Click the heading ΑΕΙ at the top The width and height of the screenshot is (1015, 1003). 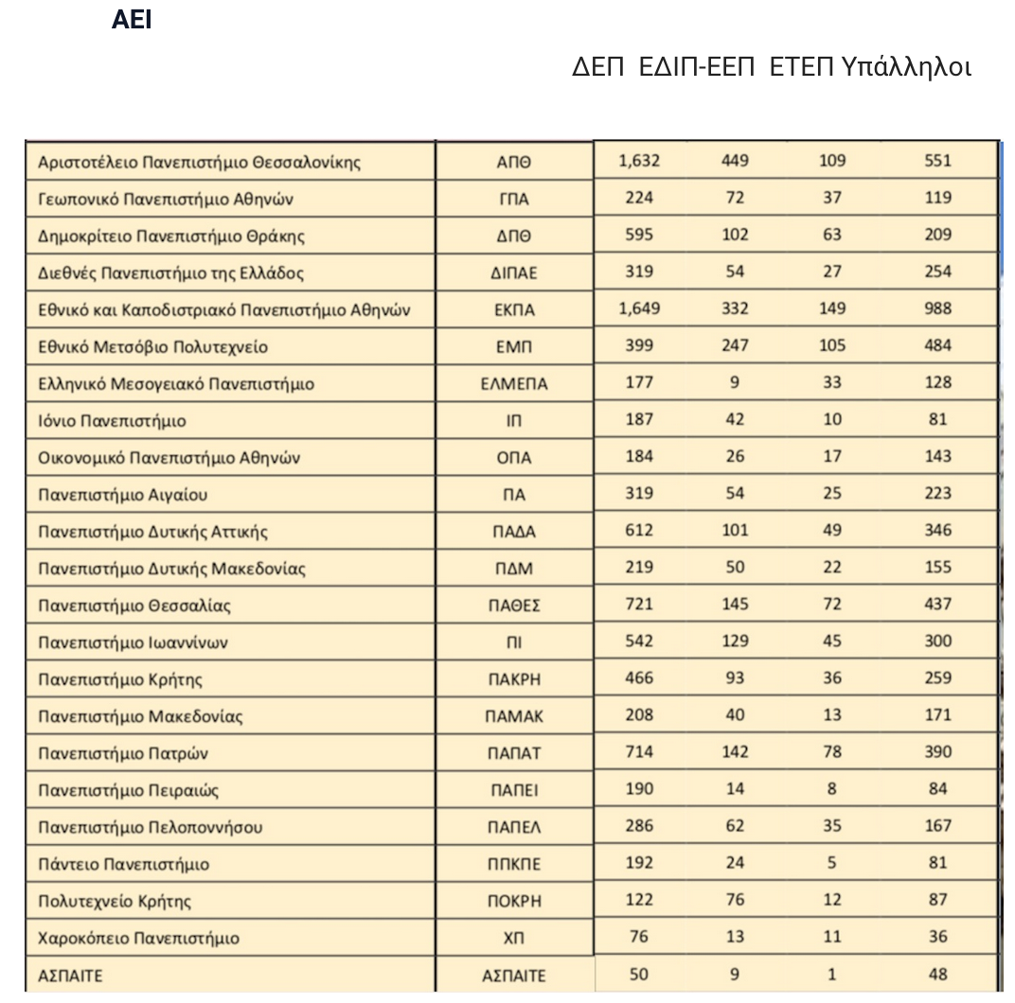[132, 21]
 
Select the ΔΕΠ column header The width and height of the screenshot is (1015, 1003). [598, 68]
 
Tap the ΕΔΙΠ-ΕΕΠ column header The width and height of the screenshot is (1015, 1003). [697, 68]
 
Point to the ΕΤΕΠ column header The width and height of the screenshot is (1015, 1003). [802, 68]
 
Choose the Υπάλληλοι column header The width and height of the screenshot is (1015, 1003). [906, 68]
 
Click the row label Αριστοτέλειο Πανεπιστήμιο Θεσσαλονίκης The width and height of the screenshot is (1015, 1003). [200, 162]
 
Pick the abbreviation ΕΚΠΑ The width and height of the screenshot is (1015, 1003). [515, 310]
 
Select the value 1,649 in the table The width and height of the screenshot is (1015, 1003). [639, 308]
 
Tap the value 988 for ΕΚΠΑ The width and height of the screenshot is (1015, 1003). [937, 308]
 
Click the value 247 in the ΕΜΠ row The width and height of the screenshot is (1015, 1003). [735, 345]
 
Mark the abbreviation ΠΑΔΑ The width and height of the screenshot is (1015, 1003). [515, 532]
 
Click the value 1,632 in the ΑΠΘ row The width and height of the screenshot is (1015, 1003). [639, 161]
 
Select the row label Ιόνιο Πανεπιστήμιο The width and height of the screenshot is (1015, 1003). [112, 421]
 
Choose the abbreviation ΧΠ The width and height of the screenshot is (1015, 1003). [515, 939]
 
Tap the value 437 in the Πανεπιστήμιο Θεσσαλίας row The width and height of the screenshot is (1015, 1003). [937, 604]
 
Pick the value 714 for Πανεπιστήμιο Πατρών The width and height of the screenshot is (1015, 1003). [639, 752]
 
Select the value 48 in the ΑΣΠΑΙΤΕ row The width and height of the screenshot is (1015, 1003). [937, 974]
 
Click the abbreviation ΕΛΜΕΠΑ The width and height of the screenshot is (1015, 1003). [515, 384]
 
